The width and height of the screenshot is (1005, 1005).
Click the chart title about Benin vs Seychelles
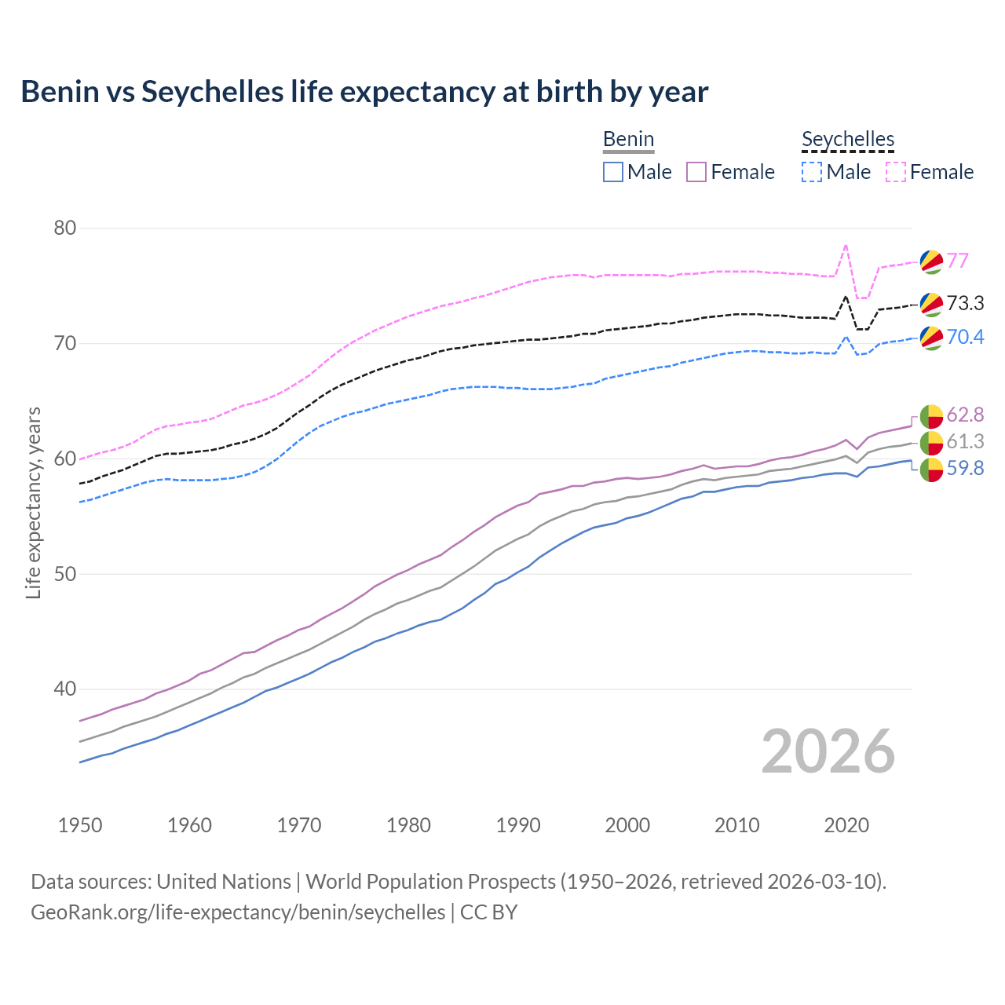tap(364, 92)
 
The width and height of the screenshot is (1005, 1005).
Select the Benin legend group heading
tap(628, 140)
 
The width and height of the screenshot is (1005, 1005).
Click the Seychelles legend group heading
tap(848, 140)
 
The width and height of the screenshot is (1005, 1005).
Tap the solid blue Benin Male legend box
tap(613, 172)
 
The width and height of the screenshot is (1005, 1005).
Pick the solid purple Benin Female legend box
tap(696, 172)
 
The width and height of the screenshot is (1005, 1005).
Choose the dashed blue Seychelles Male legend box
tap(812, 172)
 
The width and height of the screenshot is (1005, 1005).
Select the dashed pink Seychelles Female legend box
tap(896, 172)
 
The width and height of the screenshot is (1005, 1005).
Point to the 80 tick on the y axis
tap(65, 228)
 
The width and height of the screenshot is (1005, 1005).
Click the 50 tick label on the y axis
tap(65, 574)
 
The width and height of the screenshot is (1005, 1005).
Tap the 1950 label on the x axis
tap(80, 825)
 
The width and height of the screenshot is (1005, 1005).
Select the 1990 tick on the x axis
tap(518, 825)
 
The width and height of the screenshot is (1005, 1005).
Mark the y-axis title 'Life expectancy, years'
tap(33, 502)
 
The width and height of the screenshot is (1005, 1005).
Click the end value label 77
tap(957, 261)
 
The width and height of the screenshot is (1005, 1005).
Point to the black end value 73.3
tap(965, 304)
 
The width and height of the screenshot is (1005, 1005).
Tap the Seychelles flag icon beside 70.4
tap(931, 338)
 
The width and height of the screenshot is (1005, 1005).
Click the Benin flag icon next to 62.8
tap(931, 415)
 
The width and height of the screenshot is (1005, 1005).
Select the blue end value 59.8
tap(965, 469)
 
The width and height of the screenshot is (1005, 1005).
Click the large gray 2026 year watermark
tap(828, 751)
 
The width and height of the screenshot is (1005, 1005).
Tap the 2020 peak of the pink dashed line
tap(846, 245)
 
